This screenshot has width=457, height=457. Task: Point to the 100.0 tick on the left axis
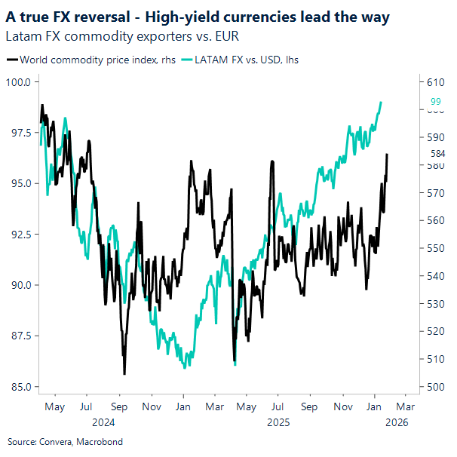[x=18, y=81]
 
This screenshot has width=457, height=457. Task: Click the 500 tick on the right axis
[x=437, y=387]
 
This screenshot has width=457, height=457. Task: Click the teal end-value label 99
[x=436, y=102]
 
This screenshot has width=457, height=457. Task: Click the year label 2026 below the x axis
[x=396, y=422]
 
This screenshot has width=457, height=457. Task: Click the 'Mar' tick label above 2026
[x=405, y=406]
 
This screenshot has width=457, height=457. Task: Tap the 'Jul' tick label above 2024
[x=85, y=406]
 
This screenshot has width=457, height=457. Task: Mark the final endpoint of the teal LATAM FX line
[x=382, y=102]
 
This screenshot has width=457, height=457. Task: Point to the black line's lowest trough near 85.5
[x=124, y=373]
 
